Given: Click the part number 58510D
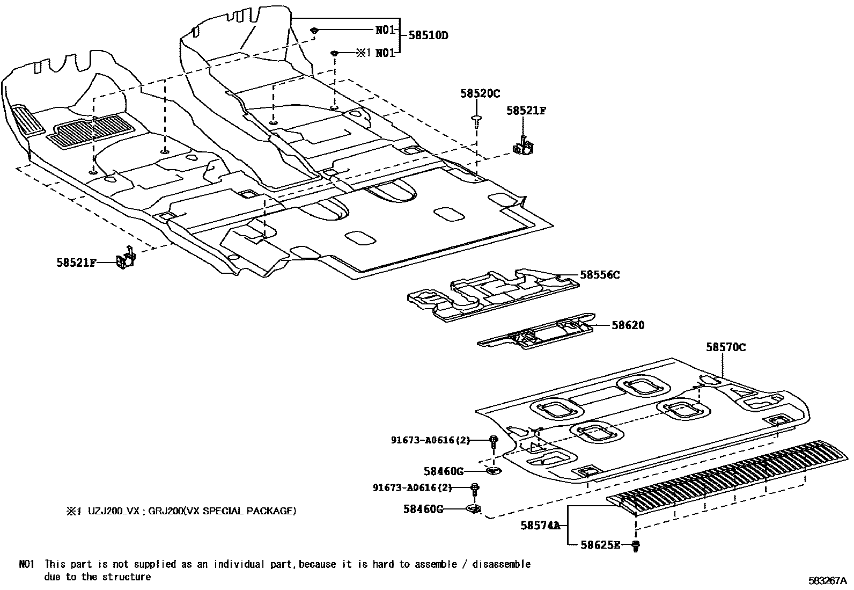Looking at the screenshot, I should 428,35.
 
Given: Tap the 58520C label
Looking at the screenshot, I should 480,93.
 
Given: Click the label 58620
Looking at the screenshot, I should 628,325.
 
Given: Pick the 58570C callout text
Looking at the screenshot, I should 725,347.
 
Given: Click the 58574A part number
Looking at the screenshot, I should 540,526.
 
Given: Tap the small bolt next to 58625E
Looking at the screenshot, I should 636,546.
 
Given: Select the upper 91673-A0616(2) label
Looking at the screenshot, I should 430,440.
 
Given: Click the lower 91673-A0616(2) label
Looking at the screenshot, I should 413,487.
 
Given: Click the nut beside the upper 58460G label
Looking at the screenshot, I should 493,471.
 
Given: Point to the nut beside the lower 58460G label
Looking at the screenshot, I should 474,508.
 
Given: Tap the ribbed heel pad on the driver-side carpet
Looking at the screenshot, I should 90,130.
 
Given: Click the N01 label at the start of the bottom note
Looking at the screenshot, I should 27,564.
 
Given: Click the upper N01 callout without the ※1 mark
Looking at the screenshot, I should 385,30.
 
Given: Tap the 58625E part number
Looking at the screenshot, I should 600,545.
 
